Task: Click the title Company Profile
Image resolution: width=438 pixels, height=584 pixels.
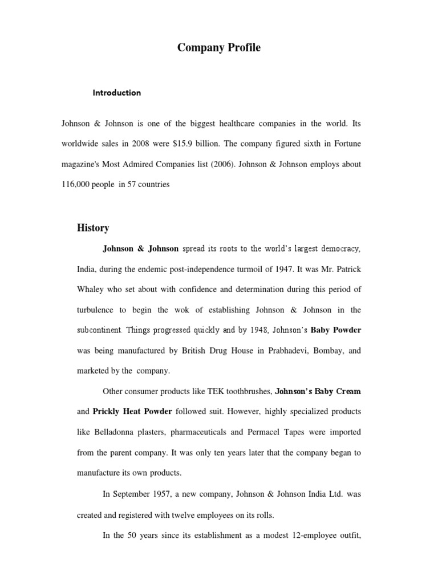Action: point(218,48)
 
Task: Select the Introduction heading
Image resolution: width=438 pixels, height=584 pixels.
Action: point(117,92)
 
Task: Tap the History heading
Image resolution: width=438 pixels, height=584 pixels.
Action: point(93,228)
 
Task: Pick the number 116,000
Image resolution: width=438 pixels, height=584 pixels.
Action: point(79,185)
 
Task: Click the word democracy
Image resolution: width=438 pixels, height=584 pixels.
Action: point(338,249)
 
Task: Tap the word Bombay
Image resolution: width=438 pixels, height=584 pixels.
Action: point(327,351)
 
